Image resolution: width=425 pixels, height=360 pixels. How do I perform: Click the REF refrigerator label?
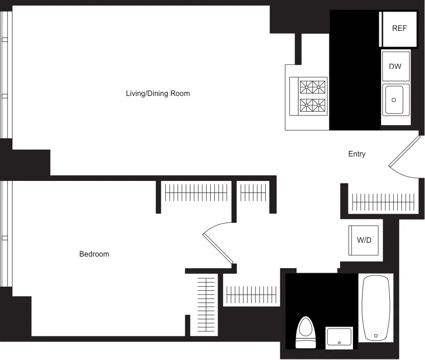pos(399,28)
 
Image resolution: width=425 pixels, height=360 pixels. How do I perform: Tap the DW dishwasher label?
pos(395,66)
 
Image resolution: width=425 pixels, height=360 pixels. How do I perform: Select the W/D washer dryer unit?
pos(364,240)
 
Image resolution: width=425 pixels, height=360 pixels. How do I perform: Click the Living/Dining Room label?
pos(158,93)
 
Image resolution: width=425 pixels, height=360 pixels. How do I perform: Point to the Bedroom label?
pos(94,254)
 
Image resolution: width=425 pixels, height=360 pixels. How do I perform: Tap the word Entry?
pos(357,154)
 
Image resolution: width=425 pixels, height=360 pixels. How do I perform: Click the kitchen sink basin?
pos(394,100)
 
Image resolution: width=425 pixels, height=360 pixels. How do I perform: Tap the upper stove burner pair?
pos(312,86)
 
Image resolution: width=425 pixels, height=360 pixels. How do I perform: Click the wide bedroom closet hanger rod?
pos(196,192)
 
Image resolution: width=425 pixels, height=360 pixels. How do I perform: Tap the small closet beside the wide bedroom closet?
pos(253,192)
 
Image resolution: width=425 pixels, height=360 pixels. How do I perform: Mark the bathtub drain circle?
pos(376,336)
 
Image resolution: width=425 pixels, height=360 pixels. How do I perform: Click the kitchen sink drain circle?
pos(394,100)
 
